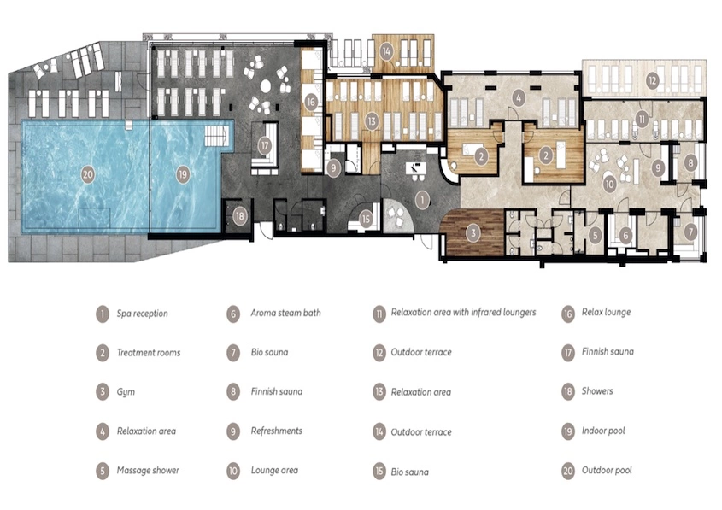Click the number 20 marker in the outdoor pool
coord(87,174)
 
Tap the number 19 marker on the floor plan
coord(183,174)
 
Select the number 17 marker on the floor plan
coord(265,146)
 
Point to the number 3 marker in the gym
coord(473,233)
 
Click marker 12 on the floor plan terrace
coord(652,81)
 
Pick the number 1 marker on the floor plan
coord(422,200)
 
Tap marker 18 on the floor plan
coord(239,216)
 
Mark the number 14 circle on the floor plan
coord(386,51)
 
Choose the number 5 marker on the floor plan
coord(595,235)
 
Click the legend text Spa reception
coord(143,314)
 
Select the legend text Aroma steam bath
coord(286,313)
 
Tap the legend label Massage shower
coord(148,471)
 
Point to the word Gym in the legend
coord(126,392)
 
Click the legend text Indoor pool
coord(603,431)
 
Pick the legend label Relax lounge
coord(606,312)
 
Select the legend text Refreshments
coord(277,431)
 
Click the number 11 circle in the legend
coord(379,314)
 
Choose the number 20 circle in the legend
coord(568,471)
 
